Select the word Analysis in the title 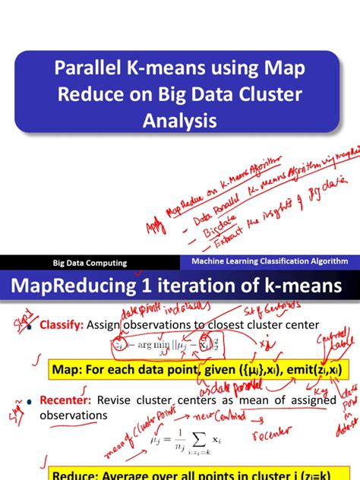pos(179,120)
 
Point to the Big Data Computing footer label pos(90,264)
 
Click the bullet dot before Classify pos(31,327)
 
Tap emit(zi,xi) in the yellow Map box pos(308,370)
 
